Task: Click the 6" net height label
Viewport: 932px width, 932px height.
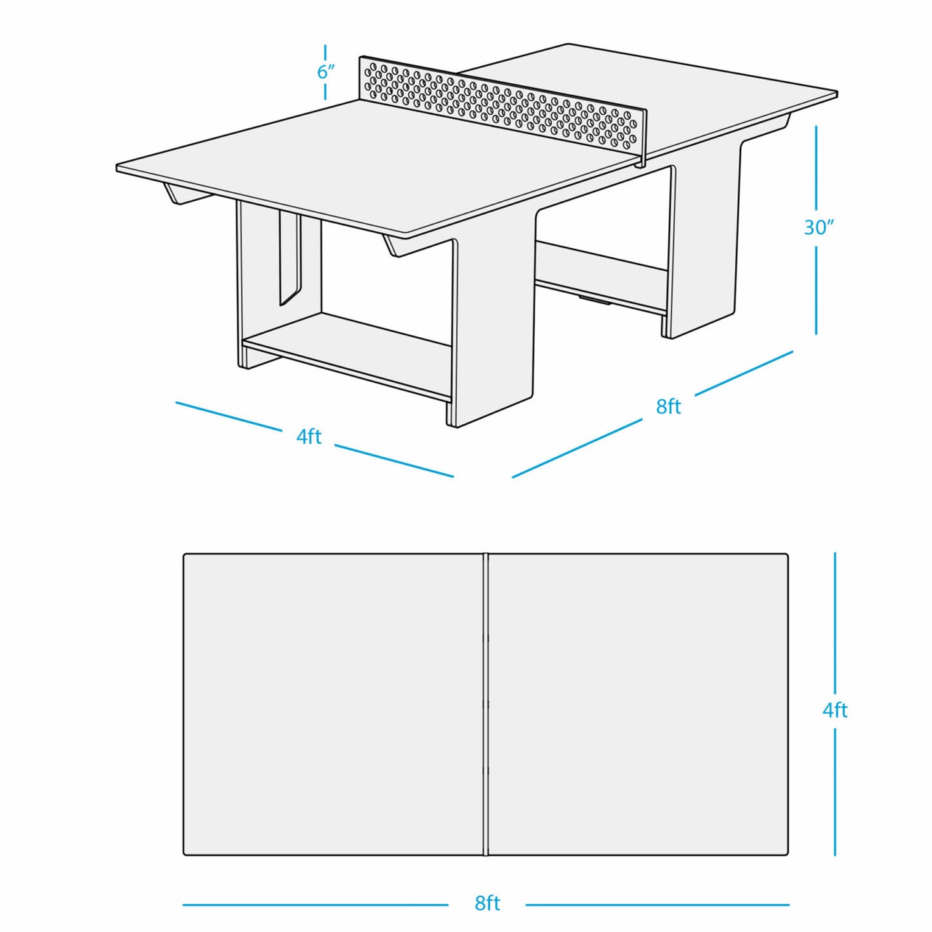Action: click(326, 72)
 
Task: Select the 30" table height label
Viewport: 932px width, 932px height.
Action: click(818, 227)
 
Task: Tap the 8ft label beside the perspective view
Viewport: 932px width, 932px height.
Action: click(668, 406)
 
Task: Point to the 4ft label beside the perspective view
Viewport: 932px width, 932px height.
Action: click(308, 437)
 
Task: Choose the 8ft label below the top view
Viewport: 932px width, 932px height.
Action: click(487, 903)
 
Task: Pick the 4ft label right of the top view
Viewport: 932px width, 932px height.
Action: click(835, 710)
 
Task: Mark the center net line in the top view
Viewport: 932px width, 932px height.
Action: click(486, 704)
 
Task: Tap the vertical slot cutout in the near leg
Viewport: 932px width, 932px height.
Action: click(289, 258)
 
